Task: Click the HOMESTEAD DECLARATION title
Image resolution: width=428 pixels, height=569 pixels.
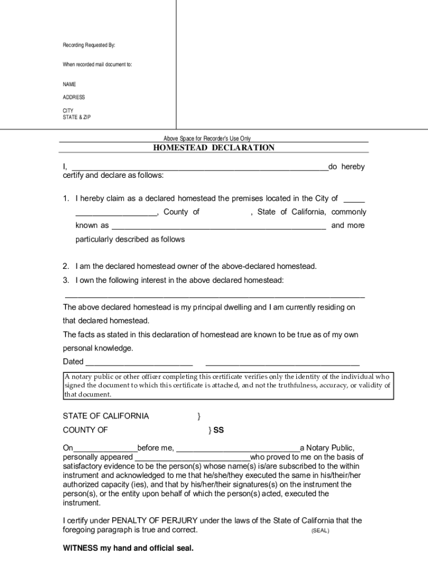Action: [214, 148]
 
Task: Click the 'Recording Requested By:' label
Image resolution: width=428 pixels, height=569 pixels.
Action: [88, 45]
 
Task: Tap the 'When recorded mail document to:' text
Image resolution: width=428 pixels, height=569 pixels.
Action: [97, 64]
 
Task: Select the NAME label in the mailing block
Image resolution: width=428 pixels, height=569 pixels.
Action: [69, 84]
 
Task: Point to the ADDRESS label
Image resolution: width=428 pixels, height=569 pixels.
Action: [74, 97]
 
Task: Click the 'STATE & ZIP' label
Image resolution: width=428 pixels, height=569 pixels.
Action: [77, 117]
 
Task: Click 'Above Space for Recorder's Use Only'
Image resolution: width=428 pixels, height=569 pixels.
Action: [207, 138]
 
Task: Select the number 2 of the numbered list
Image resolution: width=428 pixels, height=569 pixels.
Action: [66, 266]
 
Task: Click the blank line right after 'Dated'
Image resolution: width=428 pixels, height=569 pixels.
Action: [138, 362]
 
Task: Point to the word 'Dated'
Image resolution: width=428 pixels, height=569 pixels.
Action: [73, 362]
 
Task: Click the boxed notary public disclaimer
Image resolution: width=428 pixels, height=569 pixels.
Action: [227, 386]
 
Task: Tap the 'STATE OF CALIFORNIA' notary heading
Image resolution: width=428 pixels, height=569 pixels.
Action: [106, 416]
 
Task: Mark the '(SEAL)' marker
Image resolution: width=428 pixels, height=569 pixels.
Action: [320, 531]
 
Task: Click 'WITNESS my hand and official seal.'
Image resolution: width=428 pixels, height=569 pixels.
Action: [128, 548]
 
